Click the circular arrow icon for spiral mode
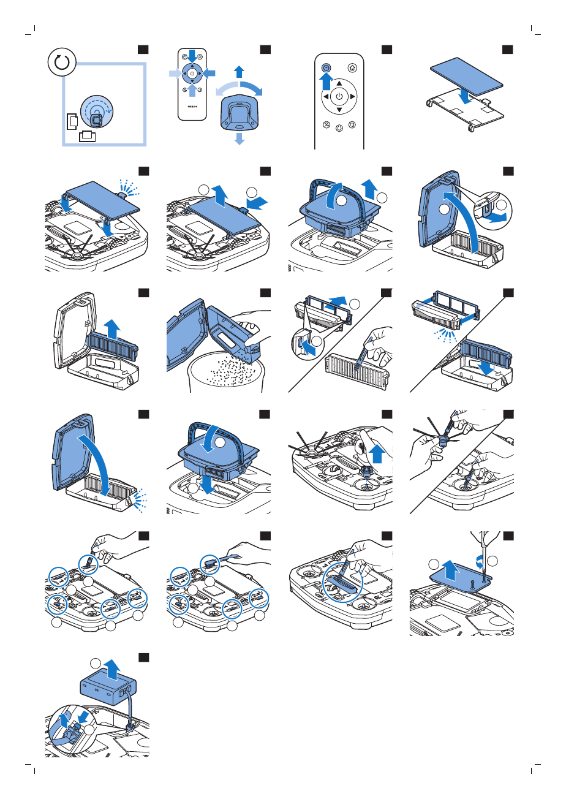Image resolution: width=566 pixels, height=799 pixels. [x=60, y=62]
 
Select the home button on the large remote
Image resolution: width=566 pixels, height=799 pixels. [x=352, y=68]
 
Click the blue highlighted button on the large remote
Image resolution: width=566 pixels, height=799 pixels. [x=326, y=68]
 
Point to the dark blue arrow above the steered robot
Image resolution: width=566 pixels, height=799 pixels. [x=240, y=71]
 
